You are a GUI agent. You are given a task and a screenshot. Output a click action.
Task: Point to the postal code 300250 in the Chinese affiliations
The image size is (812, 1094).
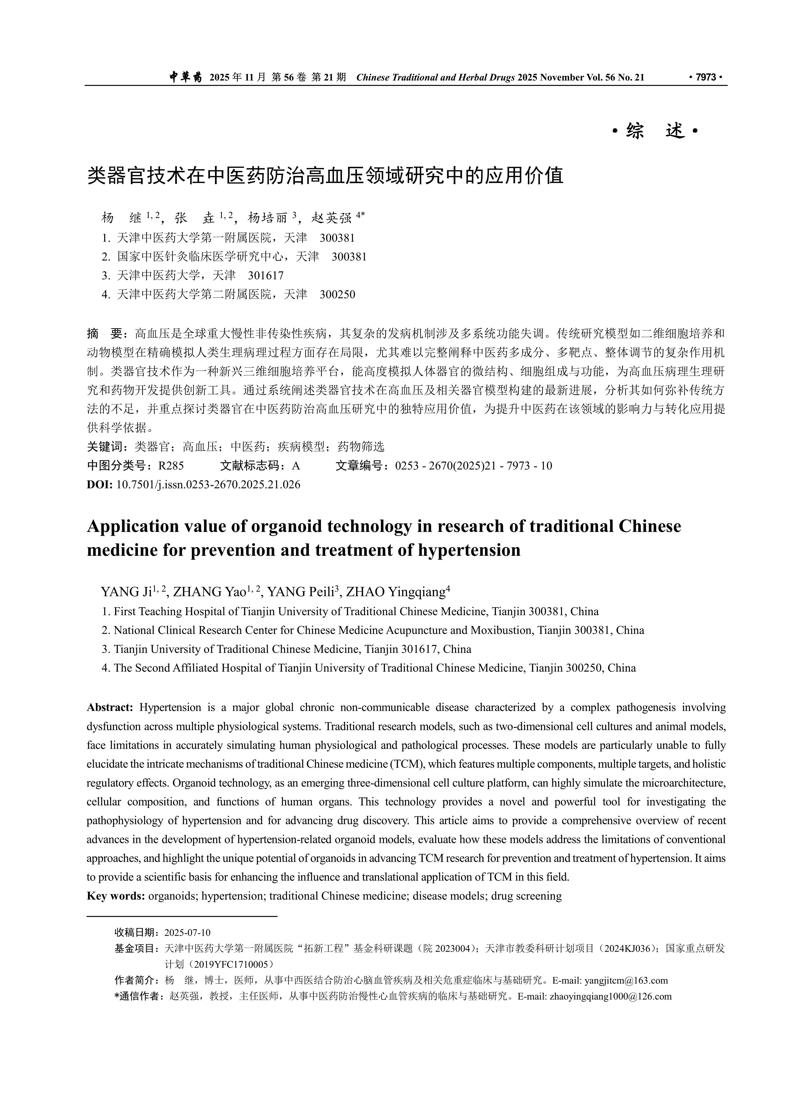(x=337, y=294)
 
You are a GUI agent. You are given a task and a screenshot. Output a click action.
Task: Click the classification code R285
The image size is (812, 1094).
(x=170, y=465)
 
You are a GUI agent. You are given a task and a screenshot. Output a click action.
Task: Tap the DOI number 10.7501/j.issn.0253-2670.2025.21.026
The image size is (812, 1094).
(x=208, y=485)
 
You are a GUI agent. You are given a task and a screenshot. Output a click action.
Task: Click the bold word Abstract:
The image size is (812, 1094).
(x=110, y=707)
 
